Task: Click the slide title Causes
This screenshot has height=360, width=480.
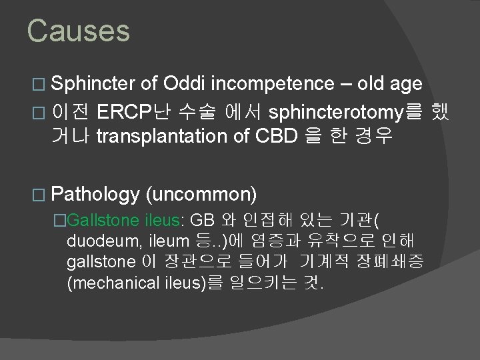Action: click(x=78, y=31)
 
